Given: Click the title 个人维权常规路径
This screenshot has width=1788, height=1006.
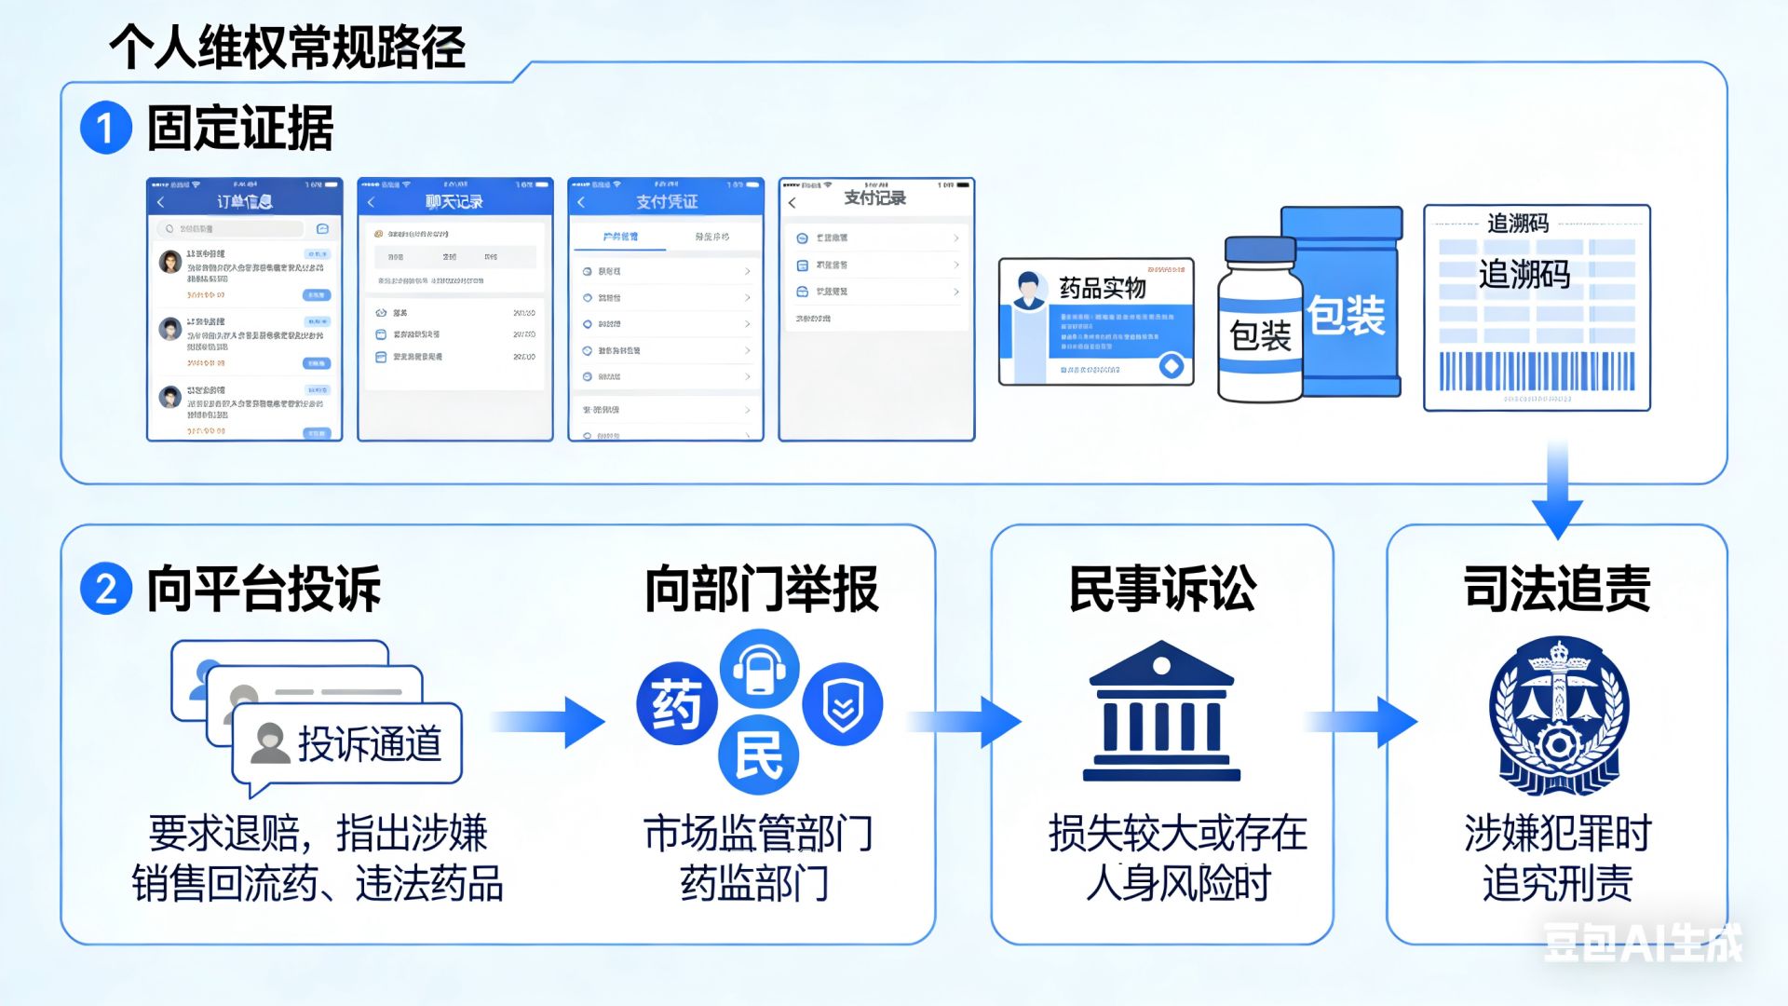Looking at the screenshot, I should click(287, 47).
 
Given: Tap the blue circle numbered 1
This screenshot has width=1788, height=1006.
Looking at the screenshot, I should click(105, 128).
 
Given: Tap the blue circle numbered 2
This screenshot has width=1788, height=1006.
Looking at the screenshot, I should click(105, 589).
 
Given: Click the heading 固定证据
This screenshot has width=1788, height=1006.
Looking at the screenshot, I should click(240, 129).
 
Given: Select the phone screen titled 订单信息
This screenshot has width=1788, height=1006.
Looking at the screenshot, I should click(245, 309).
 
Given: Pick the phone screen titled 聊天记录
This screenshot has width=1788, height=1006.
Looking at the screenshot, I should click(455, 309).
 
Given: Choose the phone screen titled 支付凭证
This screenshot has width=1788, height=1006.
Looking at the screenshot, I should click(666, 309).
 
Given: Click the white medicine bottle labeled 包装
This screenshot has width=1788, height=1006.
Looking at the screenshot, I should click(1259, 321).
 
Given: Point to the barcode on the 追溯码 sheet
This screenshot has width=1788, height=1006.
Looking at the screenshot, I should click(1537, 371).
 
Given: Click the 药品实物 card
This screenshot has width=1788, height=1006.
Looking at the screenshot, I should click(1096, 321).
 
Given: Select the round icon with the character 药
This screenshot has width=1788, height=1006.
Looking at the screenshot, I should click(677, 703).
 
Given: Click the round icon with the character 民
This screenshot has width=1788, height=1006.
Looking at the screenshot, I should click(758, 754).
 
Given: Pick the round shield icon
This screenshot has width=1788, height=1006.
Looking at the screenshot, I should click(843, 704).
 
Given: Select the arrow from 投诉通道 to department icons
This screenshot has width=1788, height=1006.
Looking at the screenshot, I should click(549, 722).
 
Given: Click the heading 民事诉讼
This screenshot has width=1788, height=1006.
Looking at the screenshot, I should click(1162, 589).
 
